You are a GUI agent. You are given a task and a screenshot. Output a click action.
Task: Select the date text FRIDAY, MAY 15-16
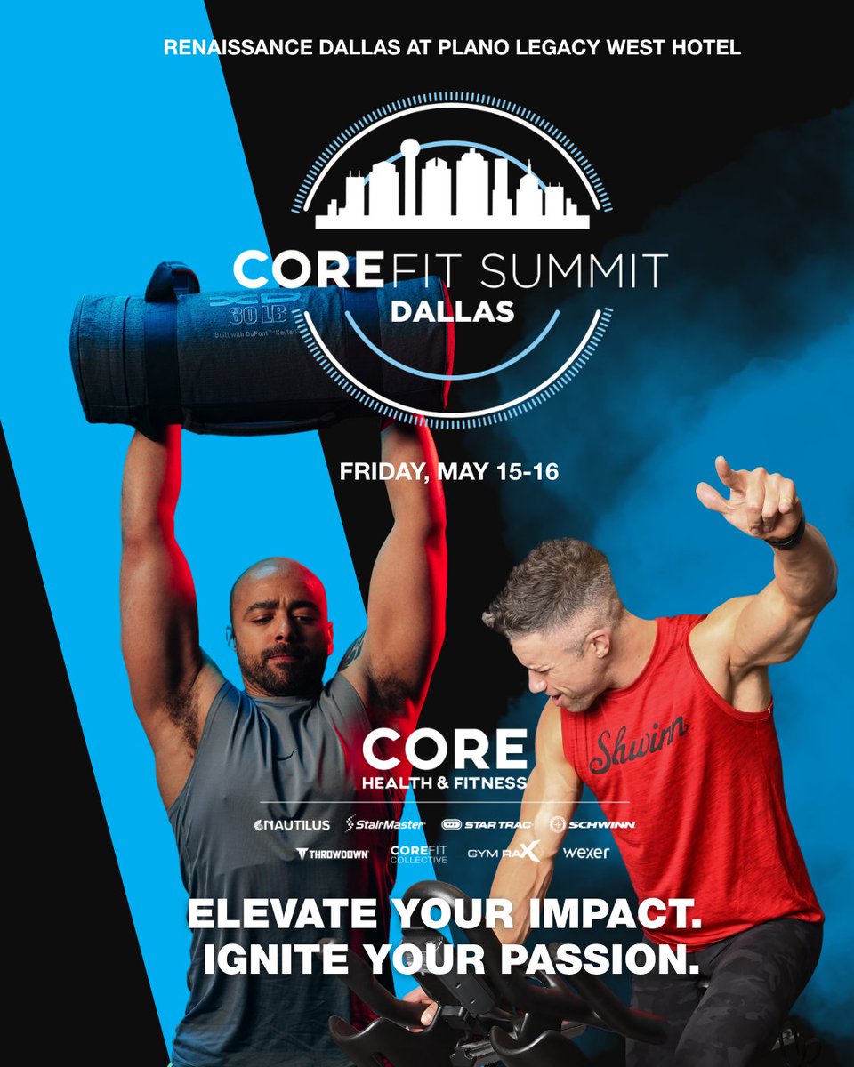[449, 471]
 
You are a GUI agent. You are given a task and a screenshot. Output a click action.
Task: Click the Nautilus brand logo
[292, 824]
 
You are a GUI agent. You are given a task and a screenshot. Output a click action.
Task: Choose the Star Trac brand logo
[491, 824]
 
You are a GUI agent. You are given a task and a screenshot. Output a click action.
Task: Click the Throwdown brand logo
[332, 854]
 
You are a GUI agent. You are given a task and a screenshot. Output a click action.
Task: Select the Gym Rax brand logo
[504, 854]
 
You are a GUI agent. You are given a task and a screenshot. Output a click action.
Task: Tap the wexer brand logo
[586, 854]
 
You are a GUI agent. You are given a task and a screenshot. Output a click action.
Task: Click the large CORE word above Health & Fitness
[444, 751]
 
